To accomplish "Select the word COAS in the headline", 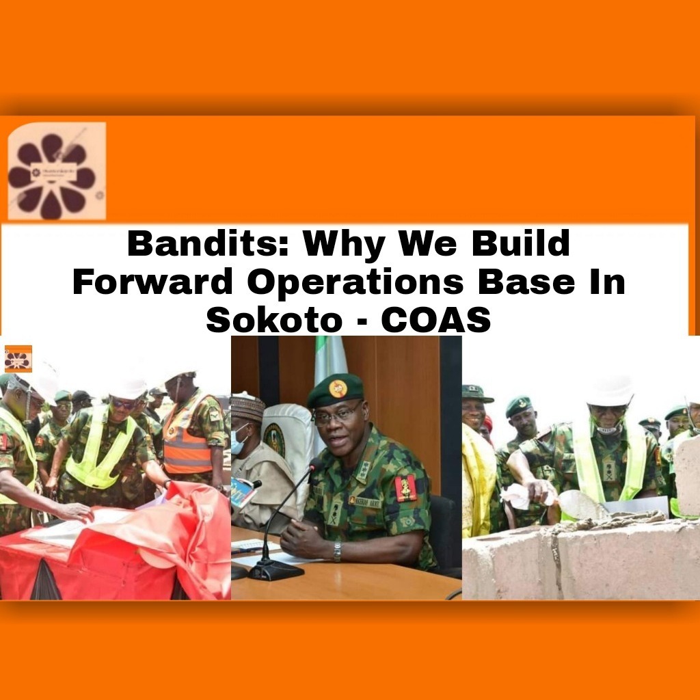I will point(435,319).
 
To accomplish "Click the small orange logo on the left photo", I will point(18,358).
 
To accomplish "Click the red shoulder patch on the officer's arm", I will point(405,488).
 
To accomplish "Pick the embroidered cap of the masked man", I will point(247,408).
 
